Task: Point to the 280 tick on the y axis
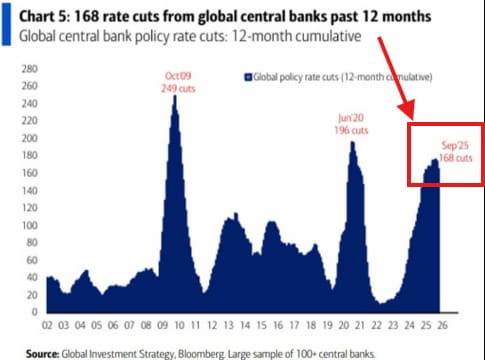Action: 28,69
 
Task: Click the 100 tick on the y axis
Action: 28,226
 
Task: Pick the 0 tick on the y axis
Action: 33,313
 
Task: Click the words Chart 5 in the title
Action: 44,17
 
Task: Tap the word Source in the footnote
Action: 45,353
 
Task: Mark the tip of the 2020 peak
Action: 352,141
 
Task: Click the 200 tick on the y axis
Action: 28,138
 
